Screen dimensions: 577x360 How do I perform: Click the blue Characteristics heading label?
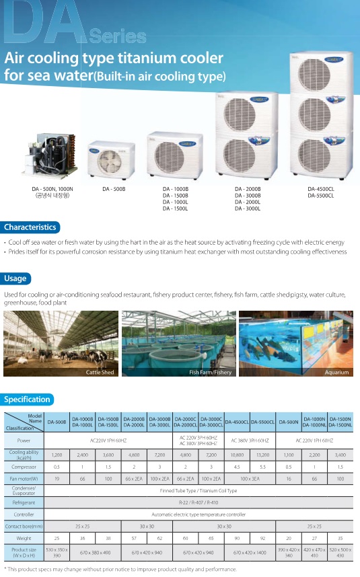point(30,227)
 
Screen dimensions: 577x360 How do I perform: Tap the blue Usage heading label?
point(16,278)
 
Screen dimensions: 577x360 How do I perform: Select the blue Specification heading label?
point(28,399)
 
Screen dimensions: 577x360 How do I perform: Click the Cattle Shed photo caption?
point(100,372)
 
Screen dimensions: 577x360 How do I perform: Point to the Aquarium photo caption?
point(336,372)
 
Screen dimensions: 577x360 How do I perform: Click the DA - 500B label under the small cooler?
point(114,190)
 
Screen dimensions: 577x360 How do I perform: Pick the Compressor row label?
point(24,466)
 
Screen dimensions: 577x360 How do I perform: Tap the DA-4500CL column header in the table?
point(236,422)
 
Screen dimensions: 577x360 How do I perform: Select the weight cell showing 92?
point(262,539)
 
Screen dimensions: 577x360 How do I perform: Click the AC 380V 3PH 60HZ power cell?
point(250,440)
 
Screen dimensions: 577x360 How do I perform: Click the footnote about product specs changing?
point(121,569)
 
